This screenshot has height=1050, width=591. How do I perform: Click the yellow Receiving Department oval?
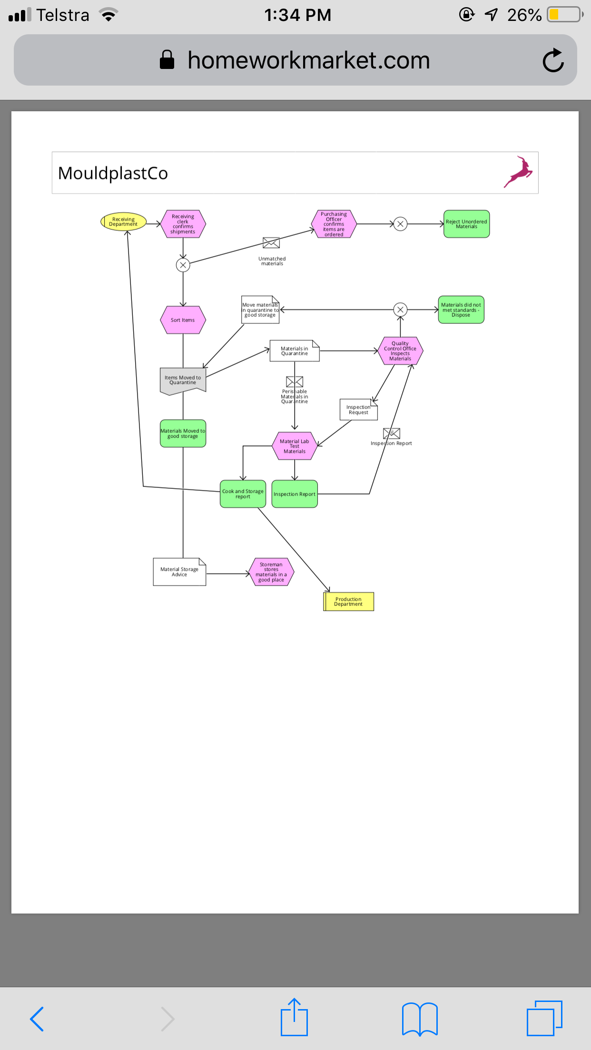click(x=123, y=222)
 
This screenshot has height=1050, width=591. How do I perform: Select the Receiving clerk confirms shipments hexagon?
click(x=183, y=224)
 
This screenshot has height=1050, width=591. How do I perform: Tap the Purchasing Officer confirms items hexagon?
click(x=334, y=224)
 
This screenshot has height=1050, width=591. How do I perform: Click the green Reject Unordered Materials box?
click(x=466, y=224)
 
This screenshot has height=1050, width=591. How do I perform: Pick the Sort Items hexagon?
click(x=183, y=320)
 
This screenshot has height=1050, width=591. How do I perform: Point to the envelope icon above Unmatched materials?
click(x=271, y=243)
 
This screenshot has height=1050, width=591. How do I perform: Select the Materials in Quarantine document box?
click(x=295, y=351)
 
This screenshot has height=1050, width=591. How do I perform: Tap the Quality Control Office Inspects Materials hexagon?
click(x=400, y=351)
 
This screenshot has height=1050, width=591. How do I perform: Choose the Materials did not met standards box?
click(x=461, y=310)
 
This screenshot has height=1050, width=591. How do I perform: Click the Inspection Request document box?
click(x=359, y=409)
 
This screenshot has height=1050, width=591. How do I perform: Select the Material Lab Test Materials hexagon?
click(x=295, y=446)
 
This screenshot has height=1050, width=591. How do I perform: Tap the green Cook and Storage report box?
click(x=243, y=494)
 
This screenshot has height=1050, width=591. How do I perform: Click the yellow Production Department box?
click(x=348, y=602)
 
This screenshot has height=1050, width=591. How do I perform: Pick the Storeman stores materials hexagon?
click(x=271, y=572)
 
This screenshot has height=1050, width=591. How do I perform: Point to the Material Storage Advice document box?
click(x=179, y=572)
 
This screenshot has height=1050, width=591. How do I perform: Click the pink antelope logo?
click(x=518, y=172)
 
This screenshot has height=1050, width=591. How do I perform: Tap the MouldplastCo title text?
click(x=113, y=174)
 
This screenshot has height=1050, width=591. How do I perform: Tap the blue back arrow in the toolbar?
click(x=37, y=1019)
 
